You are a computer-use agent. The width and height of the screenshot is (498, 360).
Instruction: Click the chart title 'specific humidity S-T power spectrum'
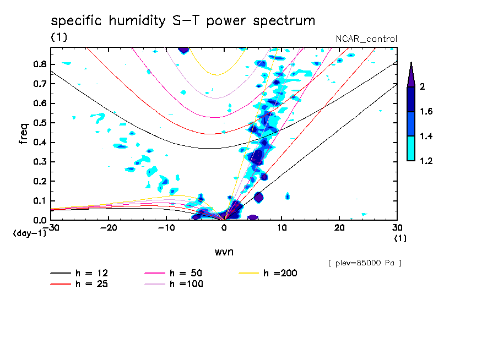click(x=183, y=21)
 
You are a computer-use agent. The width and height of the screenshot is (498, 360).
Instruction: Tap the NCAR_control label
click(x=366, y=39)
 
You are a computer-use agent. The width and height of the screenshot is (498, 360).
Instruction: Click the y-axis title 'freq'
click(x=24, y=133)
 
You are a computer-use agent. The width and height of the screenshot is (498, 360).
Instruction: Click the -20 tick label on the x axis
click(x=109, y=227)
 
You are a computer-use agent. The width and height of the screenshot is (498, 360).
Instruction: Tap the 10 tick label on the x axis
click(x=282, y=227)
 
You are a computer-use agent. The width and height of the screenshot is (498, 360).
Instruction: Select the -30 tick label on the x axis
click(x=51, y=227)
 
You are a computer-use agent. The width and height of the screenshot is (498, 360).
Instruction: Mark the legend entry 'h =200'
click(x=280, y=273)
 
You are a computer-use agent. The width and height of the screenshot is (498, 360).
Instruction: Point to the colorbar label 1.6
click(x=427, y=112)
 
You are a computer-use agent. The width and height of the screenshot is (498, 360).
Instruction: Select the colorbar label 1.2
click(x=427, y=161)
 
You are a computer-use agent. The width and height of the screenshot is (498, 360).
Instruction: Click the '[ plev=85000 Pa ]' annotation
click(x=365, y=263)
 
